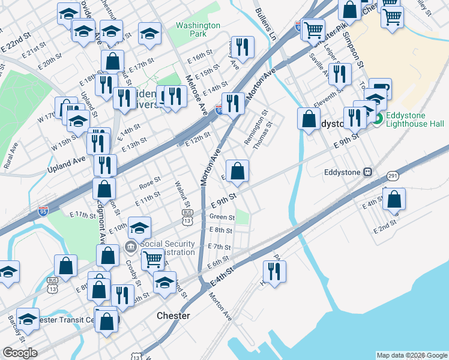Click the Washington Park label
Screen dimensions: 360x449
tap(198, 31)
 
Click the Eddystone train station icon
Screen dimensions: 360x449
tap(367, 172)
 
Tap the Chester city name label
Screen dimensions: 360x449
tap(173, 316)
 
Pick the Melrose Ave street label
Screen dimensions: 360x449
tap(196, 95)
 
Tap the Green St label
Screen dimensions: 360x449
tap(221, 217)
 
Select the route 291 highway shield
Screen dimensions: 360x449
tap(393, 176)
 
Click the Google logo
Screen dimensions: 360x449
tap(20, 352)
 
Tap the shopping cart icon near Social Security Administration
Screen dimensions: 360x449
tap(152, 260)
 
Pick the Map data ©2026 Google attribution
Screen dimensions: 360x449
tap(411, 355)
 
